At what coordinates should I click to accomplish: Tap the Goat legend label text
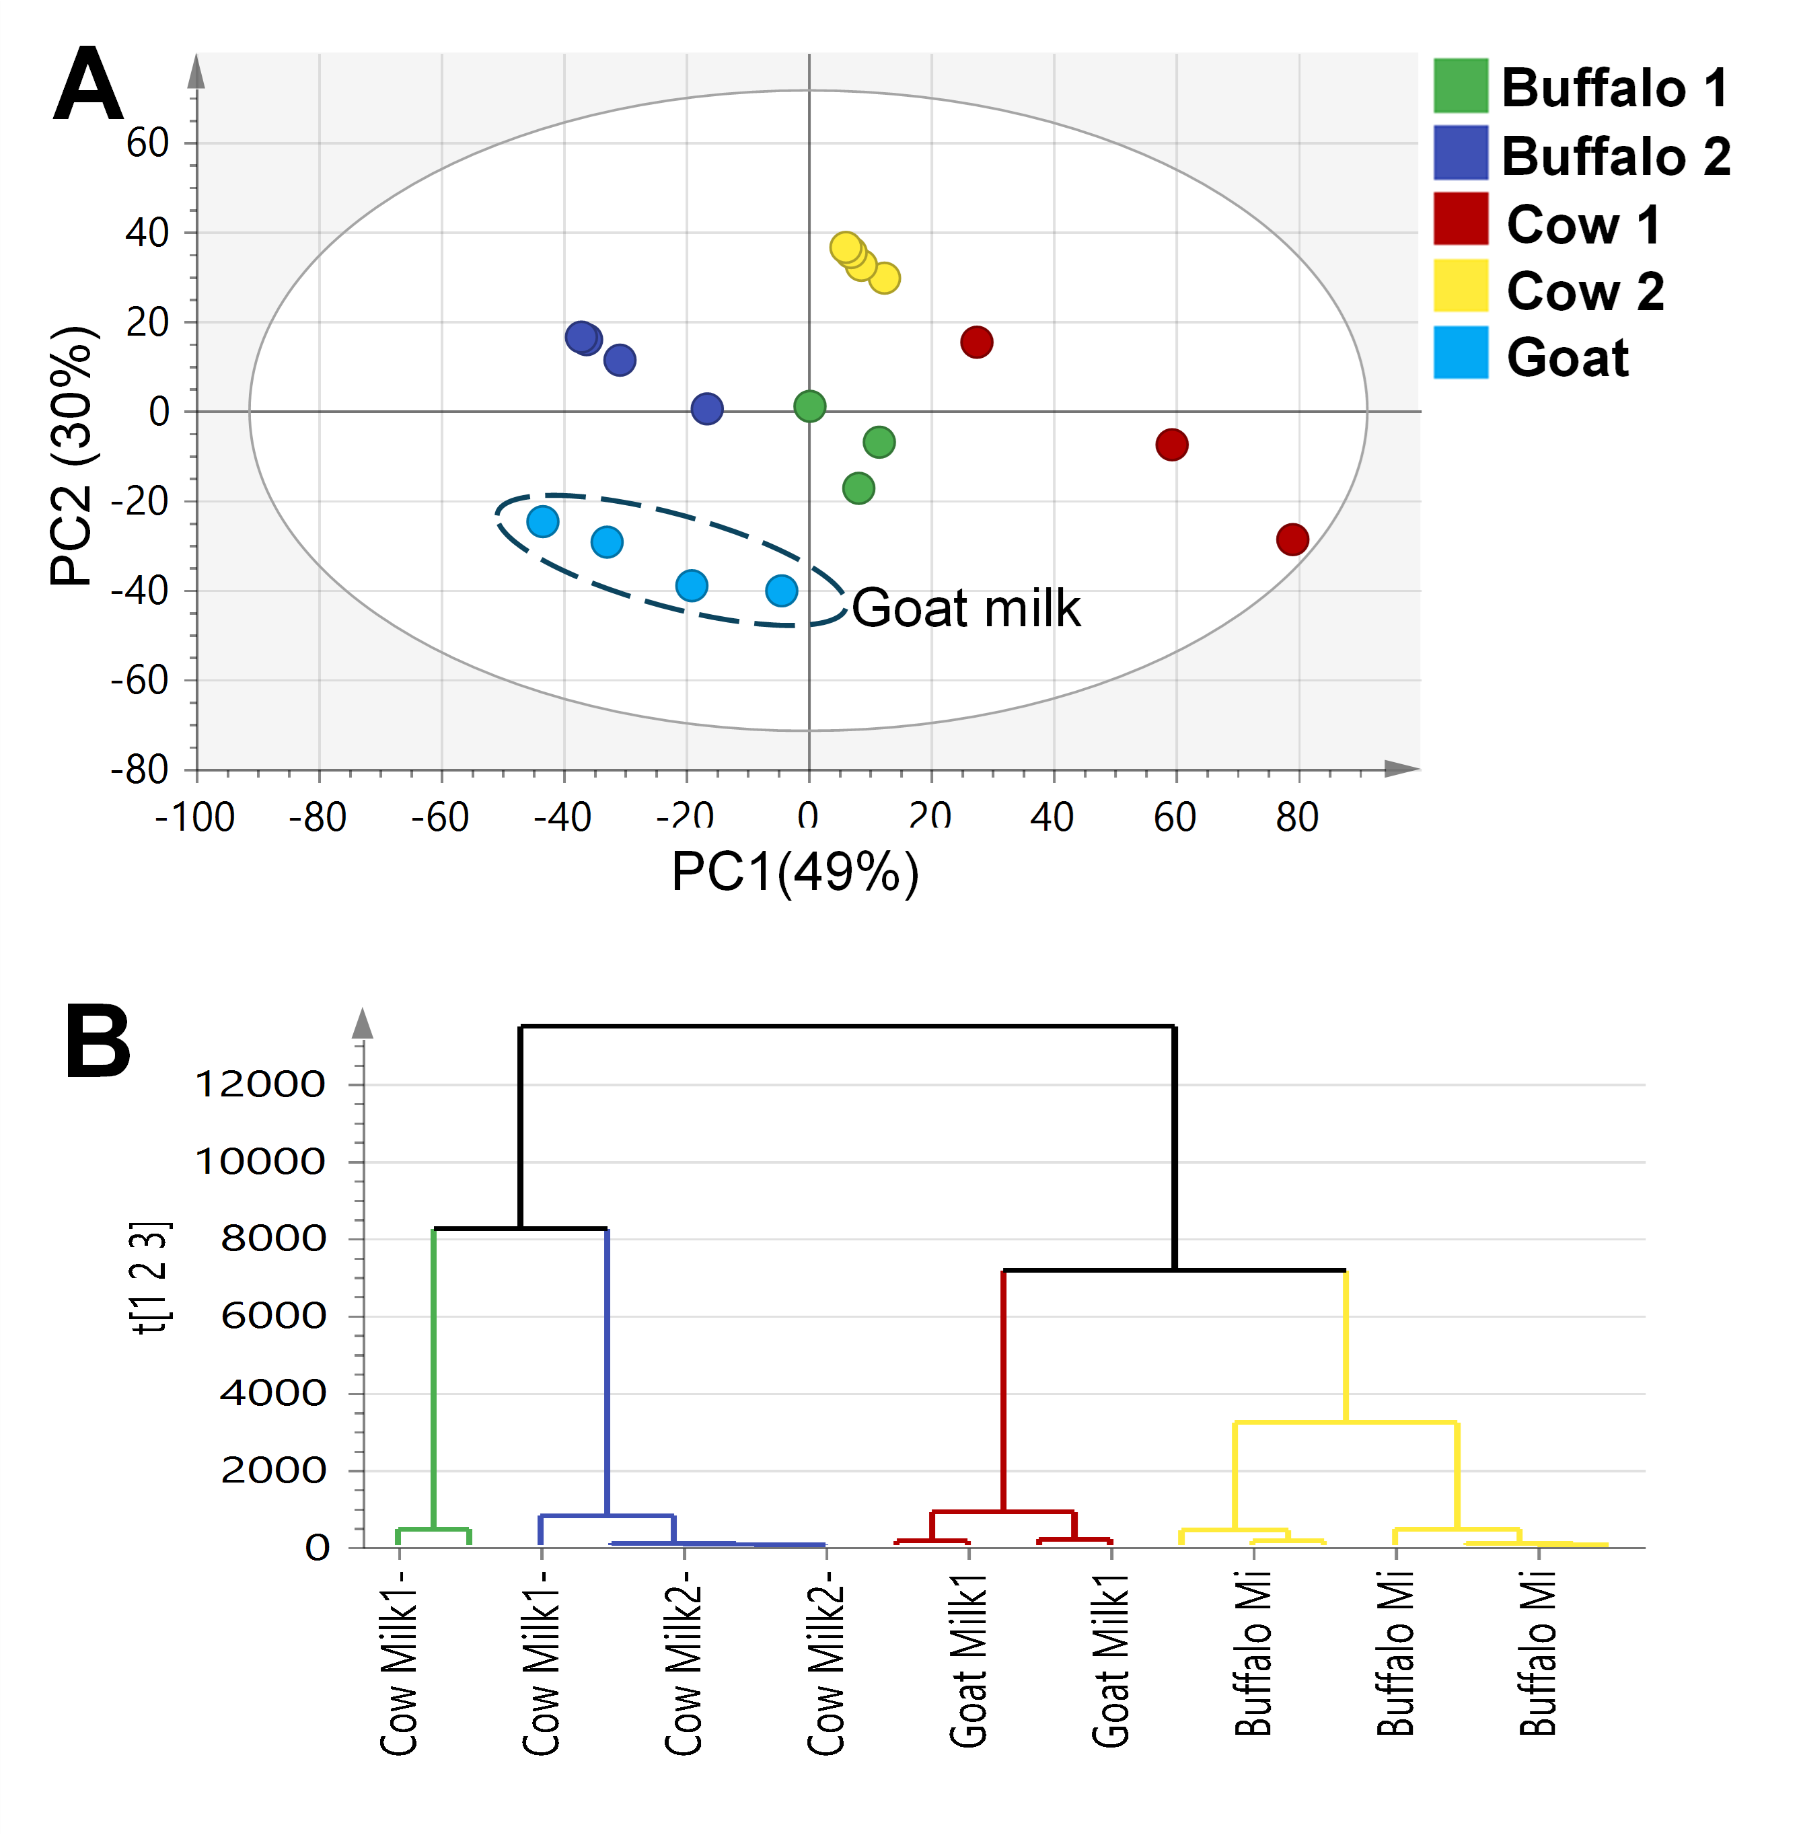tap(1568, 358)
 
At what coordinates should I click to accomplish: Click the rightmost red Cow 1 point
tap(1292, 539)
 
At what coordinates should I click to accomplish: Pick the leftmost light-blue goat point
tap(542, 521)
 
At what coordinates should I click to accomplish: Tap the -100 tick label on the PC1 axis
tap(195, 817)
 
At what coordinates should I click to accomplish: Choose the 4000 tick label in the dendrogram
tap(273, 1393)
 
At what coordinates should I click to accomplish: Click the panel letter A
tap(88, 85)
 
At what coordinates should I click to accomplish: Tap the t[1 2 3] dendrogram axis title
tap(151, 1277)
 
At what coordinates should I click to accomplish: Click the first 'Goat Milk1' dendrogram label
tap(969, 1660)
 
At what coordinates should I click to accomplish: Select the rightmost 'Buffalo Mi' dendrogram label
tap(1538, 1653)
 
